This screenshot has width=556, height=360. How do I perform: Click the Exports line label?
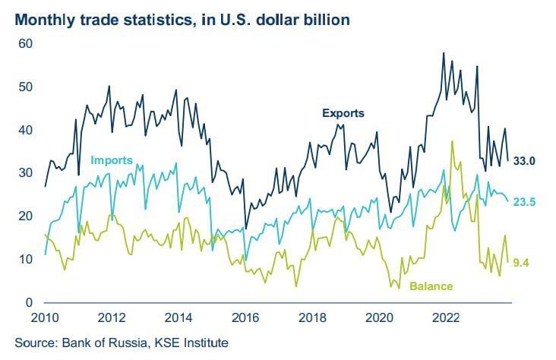click(x=343, y=113)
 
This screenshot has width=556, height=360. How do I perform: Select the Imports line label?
click(x=111, y=160)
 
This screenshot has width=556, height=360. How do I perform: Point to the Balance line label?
click(x=431, y=286)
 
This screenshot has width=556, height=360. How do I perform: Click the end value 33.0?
click(x=525, y=161)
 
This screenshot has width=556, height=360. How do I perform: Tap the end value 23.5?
click(x=525, y=202)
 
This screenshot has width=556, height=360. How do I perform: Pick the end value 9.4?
click(x=521, y=263)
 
